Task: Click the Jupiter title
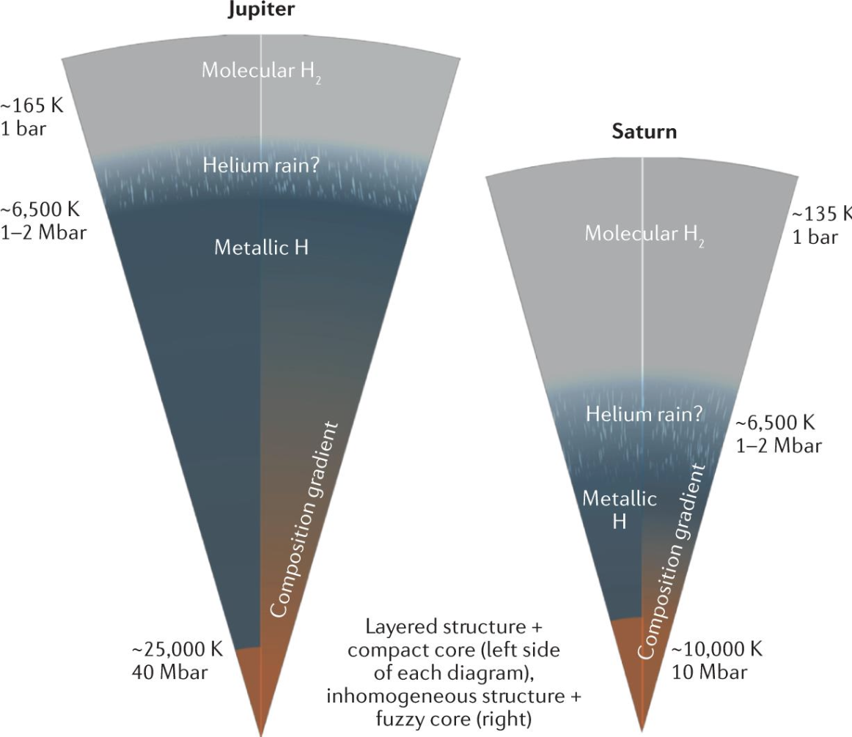[261, 10]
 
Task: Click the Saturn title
[644, 132]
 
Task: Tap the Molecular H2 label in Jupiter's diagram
[261, 72]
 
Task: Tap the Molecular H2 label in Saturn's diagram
[644, 234]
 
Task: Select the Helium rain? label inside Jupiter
[261, 165]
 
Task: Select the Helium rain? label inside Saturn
[644, 415]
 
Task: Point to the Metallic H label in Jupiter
[261, 248]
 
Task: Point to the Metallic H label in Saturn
[620, 510]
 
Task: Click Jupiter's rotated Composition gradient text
[304, 519]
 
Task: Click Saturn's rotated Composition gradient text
[672, 562]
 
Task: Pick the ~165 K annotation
[32, 105]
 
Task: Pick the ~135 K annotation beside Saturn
[821, 214]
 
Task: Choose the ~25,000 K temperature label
[177, 650]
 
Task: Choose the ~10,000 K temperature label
[716, 650]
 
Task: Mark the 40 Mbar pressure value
[169, 673]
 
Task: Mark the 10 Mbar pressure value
[710, 673]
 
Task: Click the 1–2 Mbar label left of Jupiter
[43, 232]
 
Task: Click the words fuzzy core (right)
[453, 719]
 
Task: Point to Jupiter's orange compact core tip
[261, 734]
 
